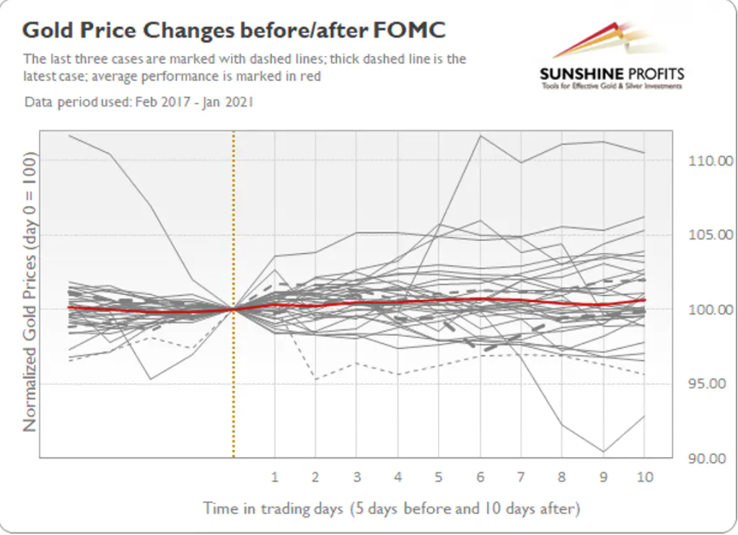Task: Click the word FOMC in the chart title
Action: (x=409, y=30)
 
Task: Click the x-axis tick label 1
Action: (x=275, y=477)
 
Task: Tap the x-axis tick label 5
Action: (x=439, y=477)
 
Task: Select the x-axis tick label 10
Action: (x=645, y=477)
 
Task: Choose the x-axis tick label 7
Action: (x=521, y=477)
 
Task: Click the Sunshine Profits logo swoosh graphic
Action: (x=607, y=40)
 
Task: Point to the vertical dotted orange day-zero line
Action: (x=234, y=294)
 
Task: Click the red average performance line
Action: (x=357, y=303)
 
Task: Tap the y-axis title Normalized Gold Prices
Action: (x=30, y=292)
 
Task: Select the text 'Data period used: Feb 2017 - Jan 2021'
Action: (x=139, y=102)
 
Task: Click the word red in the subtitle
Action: (x=310, y=76)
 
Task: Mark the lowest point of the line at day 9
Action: (x=603, y=451)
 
